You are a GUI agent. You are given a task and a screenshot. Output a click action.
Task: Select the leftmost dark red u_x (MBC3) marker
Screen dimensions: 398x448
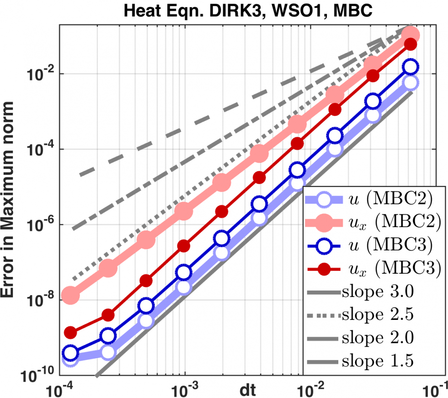70,332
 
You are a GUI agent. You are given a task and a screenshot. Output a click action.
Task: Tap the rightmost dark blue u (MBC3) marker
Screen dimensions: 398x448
411,67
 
